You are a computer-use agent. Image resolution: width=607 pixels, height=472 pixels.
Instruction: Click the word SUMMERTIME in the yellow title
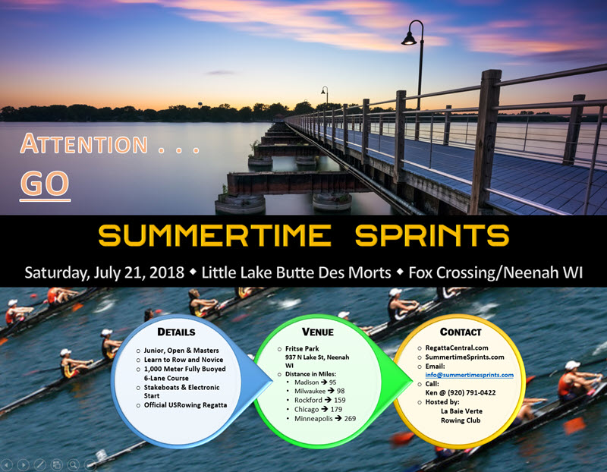pyautogui.click(x=215, y=235)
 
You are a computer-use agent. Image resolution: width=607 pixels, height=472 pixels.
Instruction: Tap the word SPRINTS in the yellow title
pyautogui.click(x=432, y=235)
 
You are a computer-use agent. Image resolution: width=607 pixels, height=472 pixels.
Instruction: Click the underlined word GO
pyautogui.click(x=45, y=184)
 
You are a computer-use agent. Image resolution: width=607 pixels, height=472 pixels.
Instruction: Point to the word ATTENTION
pyautogui.click(x=84, y=143)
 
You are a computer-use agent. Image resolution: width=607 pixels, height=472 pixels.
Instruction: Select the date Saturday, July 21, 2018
pyautogui.click(x=105, y=272)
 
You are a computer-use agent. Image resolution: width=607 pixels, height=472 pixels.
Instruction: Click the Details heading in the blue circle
pyautogui.click(x=176, y=332)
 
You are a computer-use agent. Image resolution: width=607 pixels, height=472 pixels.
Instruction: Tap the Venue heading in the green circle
pyautogui.click(x=317, y=332)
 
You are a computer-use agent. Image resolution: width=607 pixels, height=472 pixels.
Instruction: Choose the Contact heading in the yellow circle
pyautogui.click(x=461, y=332)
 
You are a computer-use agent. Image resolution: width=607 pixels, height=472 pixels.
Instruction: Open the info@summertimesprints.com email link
pyautogui.click(x=469, y=375)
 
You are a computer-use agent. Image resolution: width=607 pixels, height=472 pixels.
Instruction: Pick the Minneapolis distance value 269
pyautogui.click(x=350, y=419)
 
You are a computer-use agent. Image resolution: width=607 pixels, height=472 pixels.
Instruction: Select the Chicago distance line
pyautogui.click(x=318, y=409)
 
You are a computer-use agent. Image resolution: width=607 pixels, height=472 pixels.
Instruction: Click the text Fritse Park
pyautogui.click(x=302, y=348)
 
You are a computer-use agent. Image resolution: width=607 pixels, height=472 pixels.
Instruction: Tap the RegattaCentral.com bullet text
pyautogui.click(x=457, y=348)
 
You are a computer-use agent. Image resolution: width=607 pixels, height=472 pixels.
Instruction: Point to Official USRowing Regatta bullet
pyautogui.click(x=185, y=405)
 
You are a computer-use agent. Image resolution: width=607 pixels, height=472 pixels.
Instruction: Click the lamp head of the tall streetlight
pyautogui.click(x=409, y=39)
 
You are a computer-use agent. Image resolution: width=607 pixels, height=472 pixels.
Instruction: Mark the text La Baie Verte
pyautogui.click(x=461, y=411)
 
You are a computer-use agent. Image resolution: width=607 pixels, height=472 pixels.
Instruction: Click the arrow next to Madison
pyautogui.click(x=324, y=382)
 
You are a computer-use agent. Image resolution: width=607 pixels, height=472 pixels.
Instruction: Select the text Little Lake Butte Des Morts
pyautogui.click(x=296, y=272)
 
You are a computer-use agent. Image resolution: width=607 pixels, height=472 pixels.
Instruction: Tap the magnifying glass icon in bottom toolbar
pyautogui.click(x=73, y=464)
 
